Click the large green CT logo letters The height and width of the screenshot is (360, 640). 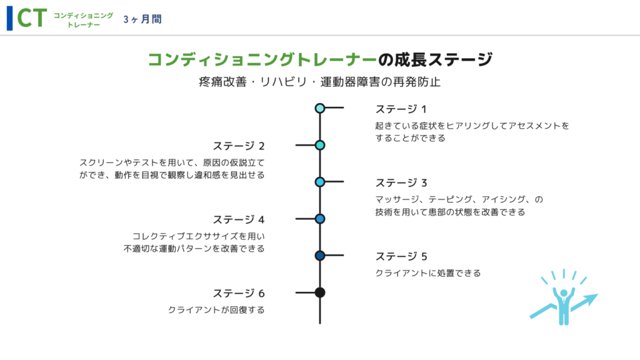(x=32, y=18)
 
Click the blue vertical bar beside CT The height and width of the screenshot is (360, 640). (x=10, y=18)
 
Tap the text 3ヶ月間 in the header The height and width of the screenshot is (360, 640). (x=142, y=19)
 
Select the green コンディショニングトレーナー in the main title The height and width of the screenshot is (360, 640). (x=262, y=59)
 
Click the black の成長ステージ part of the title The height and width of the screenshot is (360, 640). (x=435, y=59)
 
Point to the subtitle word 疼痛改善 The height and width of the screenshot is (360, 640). (x=222, y=82)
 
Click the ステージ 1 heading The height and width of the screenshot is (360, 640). (x=401, y=109)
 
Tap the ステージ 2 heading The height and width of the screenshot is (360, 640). (x=239, y=146)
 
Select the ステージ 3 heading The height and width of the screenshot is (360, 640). (x=401, y=182)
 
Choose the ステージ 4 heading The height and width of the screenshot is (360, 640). (x=239, y=219)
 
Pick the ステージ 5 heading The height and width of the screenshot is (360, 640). (x=401, y=256)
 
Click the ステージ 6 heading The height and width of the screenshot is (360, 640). (x=239, y=293)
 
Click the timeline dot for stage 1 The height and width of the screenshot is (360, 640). (x=320, y=108)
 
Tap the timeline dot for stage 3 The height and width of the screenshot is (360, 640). (x=320, y=182)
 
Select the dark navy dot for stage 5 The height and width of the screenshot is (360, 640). (x=320, y=256)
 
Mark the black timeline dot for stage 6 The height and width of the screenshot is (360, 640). (x=320, y=292)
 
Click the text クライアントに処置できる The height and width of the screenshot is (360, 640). (x=428, y=273)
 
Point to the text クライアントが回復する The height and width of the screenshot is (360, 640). (x=216, y=310)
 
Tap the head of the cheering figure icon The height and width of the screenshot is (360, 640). (x=564, y=292)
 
